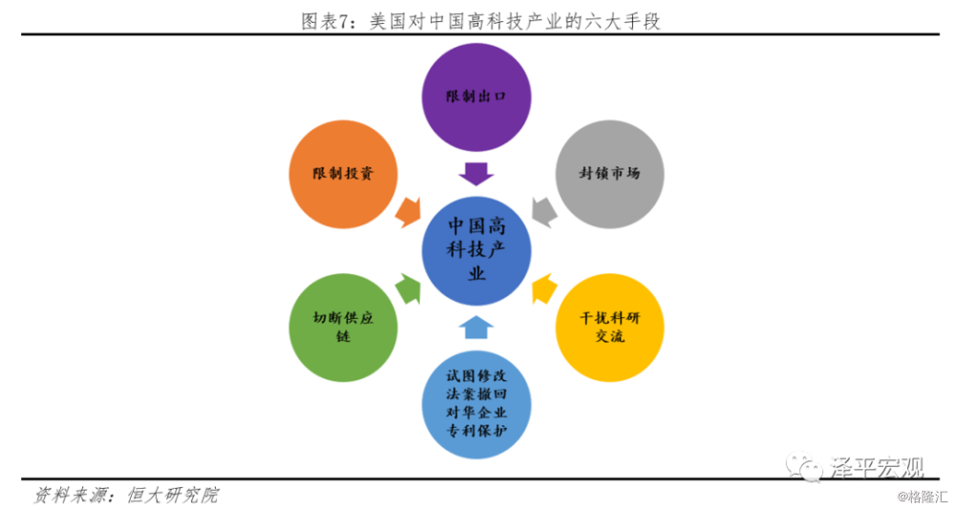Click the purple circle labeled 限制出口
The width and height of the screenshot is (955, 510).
point(477,96)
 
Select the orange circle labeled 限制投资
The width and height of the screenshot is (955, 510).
point(343,174)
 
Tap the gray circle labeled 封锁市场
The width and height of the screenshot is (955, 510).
point(609,174)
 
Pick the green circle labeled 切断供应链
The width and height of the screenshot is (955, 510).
point(343,328)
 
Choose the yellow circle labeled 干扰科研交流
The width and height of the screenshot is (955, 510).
point(609,328)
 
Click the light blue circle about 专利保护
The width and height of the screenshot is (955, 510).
point(477,405)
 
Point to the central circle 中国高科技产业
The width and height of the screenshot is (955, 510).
point(477,250)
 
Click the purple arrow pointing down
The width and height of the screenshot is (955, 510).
point(477,174)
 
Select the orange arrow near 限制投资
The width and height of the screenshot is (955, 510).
point(408,211)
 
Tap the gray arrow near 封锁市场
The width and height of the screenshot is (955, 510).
point(544,211)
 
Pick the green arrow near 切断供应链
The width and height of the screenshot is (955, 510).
point(408,288)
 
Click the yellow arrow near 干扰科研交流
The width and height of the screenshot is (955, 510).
point(544,288)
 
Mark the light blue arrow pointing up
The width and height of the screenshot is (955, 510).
point(477,328)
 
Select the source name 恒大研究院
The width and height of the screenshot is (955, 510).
point(172,495)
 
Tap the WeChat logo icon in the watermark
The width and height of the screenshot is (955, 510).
point(804,466)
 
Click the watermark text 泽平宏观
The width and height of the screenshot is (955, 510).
point(876,467)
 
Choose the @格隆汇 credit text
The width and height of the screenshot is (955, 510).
point(923,498)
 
